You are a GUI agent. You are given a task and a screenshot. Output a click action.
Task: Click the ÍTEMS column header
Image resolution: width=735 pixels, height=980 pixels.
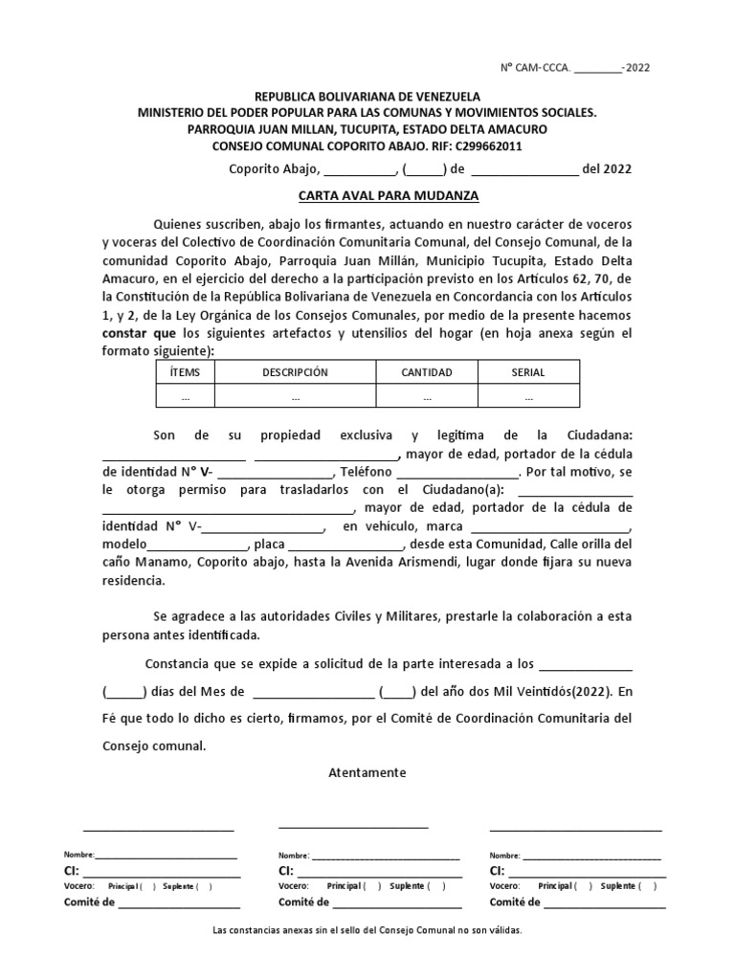point(185,372)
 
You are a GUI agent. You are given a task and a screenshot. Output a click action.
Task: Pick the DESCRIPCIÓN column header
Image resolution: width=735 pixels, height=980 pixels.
point(295,372)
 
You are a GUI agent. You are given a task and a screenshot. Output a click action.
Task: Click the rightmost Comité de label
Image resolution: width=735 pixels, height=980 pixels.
point(515,902)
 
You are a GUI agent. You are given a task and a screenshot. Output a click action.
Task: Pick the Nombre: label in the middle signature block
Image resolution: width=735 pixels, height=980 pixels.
point(294,856)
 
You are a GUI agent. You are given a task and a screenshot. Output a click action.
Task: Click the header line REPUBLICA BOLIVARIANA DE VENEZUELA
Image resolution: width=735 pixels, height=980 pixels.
point(367,98)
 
